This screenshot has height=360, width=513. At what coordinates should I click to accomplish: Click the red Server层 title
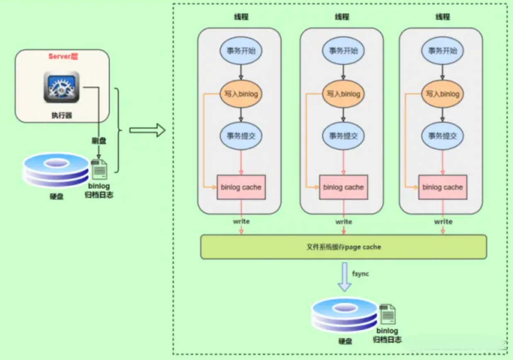tap(63, 56)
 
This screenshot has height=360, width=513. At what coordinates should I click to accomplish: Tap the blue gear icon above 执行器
tap(62, 87)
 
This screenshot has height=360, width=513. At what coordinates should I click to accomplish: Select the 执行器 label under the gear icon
tap(62, 115)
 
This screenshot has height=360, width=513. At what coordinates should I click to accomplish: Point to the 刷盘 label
tap(99, 141)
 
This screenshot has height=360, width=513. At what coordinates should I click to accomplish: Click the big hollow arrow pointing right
tap(147, 130)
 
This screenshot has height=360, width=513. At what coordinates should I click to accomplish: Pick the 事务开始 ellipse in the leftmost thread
tap(241, 51)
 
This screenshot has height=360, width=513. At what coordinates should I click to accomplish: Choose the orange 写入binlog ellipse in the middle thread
tap(343, 94)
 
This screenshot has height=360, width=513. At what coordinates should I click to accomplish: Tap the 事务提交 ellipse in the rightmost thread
tap(443, 136)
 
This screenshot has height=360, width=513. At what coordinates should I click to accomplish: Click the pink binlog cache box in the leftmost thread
tap(241, 187)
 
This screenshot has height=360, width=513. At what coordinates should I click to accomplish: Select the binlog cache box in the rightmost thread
tap(443, 187)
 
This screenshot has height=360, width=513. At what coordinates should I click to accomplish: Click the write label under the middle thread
tap(344, 221)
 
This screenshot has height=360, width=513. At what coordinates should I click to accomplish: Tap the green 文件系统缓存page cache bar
tap(344, 247)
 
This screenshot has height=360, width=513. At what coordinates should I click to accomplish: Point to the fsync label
tap(361, 274)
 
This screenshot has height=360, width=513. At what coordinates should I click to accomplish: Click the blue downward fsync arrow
tap(345, 277)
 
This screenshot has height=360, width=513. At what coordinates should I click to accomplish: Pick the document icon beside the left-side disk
tap(99, 169)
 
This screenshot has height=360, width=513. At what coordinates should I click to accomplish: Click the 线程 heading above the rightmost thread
tap(443, 17)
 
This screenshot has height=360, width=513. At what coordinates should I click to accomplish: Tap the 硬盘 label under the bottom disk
tap(345, 341)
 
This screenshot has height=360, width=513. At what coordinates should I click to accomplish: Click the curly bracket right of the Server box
tap(118, 130)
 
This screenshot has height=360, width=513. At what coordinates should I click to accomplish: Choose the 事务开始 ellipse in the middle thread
tap(343, 51)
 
